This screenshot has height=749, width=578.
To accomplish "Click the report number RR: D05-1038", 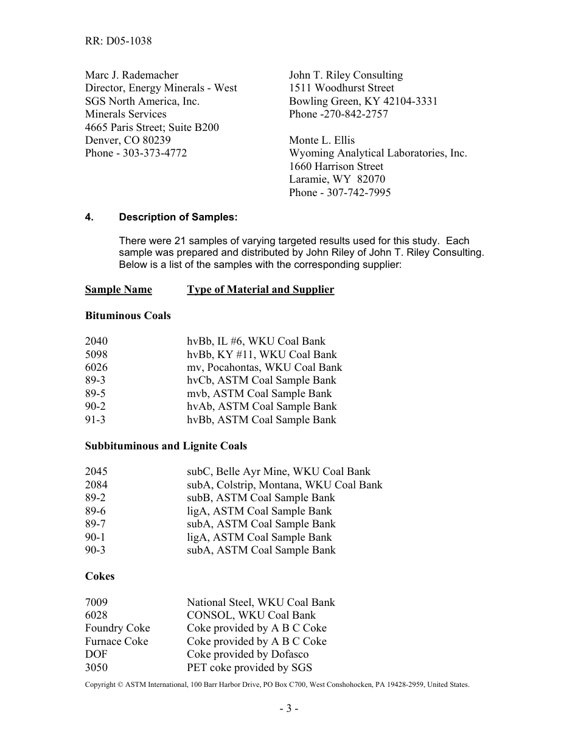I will [x=118, y=41].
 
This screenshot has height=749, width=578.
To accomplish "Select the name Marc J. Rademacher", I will [x=131, y=75].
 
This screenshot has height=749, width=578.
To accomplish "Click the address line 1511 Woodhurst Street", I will [x=341, y=88].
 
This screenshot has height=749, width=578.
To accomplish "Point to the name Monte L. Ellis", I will [x=322, y=140].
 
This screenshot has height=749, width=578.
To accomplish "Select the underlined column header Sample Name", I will [x=118, y=289].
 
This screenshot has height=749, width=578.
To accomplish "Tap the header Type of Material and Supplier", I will [x=260, y=289].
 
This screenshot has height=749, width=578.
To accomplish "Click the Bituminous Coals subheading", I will [x=128, y=315].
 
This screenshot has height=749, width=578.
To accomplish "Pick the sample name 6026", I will [x=96, y=367].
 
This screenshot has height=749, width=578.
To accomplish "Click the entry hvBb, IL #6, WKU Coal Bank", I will [x=256, y=342].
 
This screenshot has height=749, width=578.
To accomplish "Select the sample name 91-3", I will [x=95, y=420].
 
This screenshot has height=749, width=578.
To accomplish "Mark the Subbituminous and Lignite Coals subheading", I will [x=165, y=446].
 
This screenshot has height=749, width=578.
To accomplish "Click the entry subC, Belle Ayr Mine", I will [x=278, y=471].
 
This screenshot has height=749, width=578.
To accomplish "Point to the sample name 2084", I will [x=96, y=485].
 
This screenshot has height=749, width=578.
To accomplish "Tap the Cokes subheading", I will [x=100, y=576].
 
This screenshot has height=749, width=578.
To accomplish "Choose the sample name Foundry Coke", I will [x=117, y=628].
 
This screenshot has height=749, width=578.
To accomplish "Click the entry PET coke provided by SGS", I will [x=249, y=667].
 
